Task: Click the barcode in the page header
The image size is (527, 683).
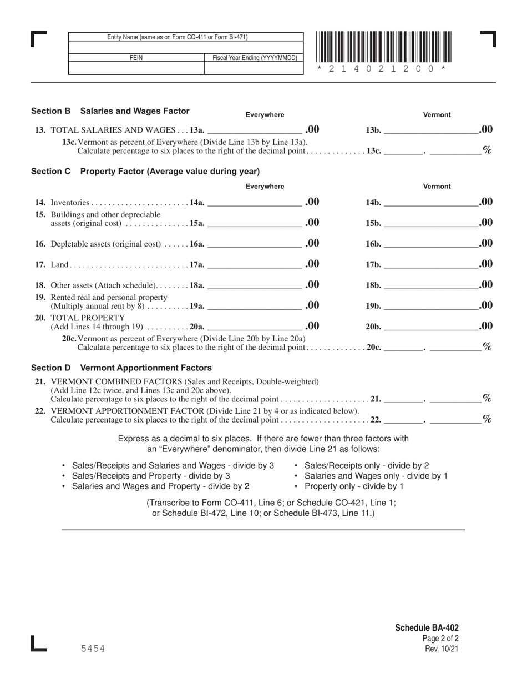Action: [x=384, y=47]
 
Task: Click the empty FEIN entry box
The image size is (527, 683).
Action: [x=136, y=68]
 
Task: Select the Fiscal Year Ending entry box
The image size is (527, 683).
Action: [x=254, y=68]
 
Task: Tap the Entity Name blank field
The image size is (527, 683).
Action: [x=186, y=47]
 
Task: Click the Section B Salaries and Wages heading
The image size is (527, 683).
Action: [x=110, y=111]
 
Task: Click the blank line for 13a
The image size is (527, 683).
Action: [x=254, y=131]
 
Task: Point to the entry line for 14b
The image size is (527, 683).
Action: [x=430, y=203]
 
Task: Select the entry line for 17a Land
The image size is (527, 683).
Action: [x=254, y=265]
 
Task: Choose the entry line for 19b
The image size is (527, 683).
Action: [x=430, y=307]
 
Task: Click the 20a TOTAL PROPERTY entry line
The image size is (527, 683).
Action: [x=254, y=327]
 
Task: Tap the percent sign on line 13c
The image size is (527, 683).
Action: [x=487, y=150]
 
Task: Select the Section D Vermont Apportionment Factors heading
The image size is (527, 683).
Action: [x=121, y=368]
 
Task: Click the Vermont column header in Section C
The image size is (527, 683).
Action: [x=437, y=187]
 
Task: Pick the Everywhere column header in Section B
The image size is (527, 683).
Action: [x=265, y=115]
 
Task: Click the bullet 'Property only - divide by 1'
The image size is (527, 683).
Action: [x=354, y=486]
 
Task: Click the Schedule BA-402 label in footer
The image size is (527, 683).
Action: [x=427, y=628]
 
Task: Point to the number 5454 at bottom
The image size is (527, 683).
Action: [x=93, y=649]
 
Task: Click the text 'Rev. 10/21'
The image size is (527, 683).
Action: [x=442, y=649]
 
